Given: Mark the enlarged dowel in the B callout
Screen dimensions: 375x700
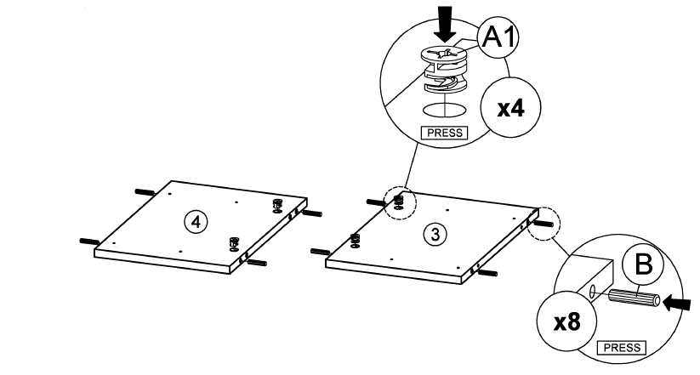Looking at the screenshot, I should pos(633,299).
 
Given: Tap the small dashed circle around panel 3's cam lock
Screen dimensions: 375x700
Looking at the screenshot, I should pos(398,203).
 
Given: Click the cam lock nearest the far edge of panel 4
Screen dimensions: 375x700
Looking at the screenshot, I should pos(276,205).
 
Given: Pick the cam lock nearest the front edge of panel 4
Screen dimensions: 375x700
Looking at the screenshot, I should pos(235,243).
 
